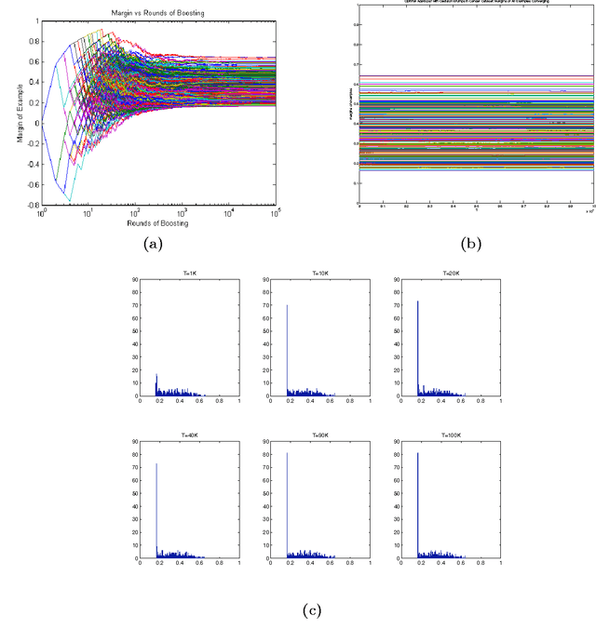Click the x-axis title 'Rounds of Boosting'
coord(159,224)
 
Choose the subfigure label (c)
coord(311,610)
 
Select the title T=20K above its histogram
coord(442,273)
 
